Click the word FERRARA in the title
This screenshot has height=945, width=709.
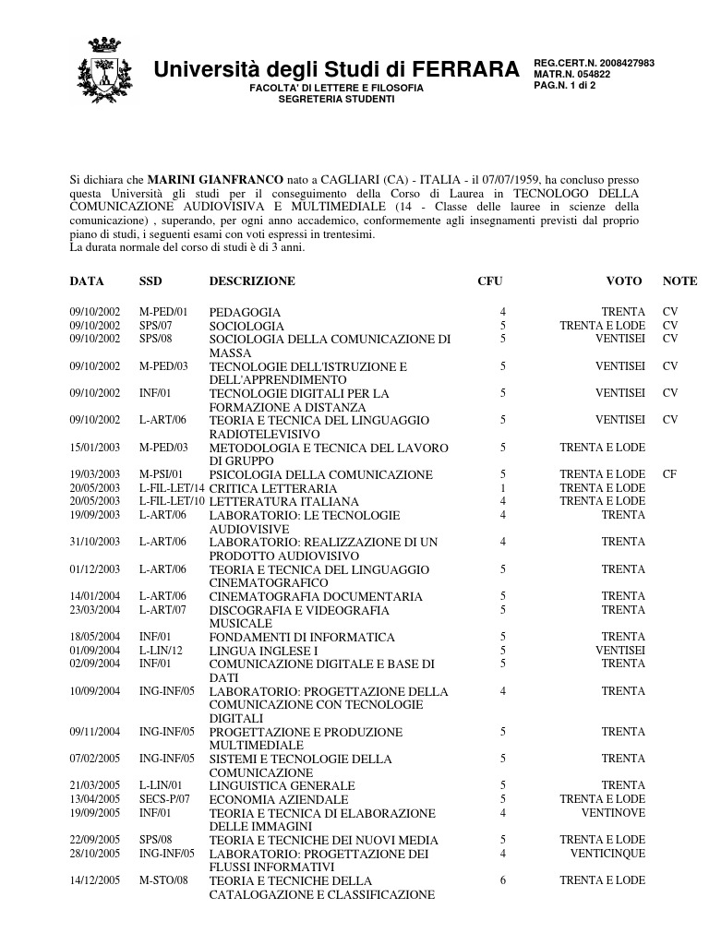click(x=465, y=69)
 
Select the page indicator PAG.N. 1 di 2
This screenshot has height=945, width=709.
click(x=565, y=87)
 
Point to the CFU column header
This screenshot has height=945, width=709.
click(x=490, y=281)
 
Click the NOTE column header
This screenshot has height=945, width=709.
click(x=679, y=281)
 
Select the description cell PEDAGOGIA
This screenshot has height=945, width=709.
click(x=245, y=313)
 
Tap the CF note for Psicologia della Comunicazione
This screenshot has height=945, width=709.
click(x=670, y=474)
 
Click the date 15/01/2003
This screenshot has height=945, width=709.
click(x=95, y=448)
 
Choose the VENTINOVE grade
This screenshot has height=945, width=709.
click(x=613, y=813)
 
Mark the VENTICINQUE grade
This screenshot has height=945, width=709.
click(x=607, y=854)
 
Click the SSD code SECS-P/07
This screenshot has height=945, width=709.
click(x=164, y=799)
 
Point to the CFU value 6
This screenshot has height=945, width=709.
click(x=503, y=880)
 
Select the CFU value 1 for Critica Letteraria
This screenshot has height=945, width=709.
click(x=503, y=488)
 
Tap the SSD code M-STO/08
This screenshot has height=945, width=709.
click(x=163, y=880)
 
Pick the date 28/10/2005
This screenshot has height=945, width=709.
click(x=95, y=854)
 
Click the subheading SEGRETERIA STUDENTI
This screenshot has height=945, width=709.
click(x=336, y=99)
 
